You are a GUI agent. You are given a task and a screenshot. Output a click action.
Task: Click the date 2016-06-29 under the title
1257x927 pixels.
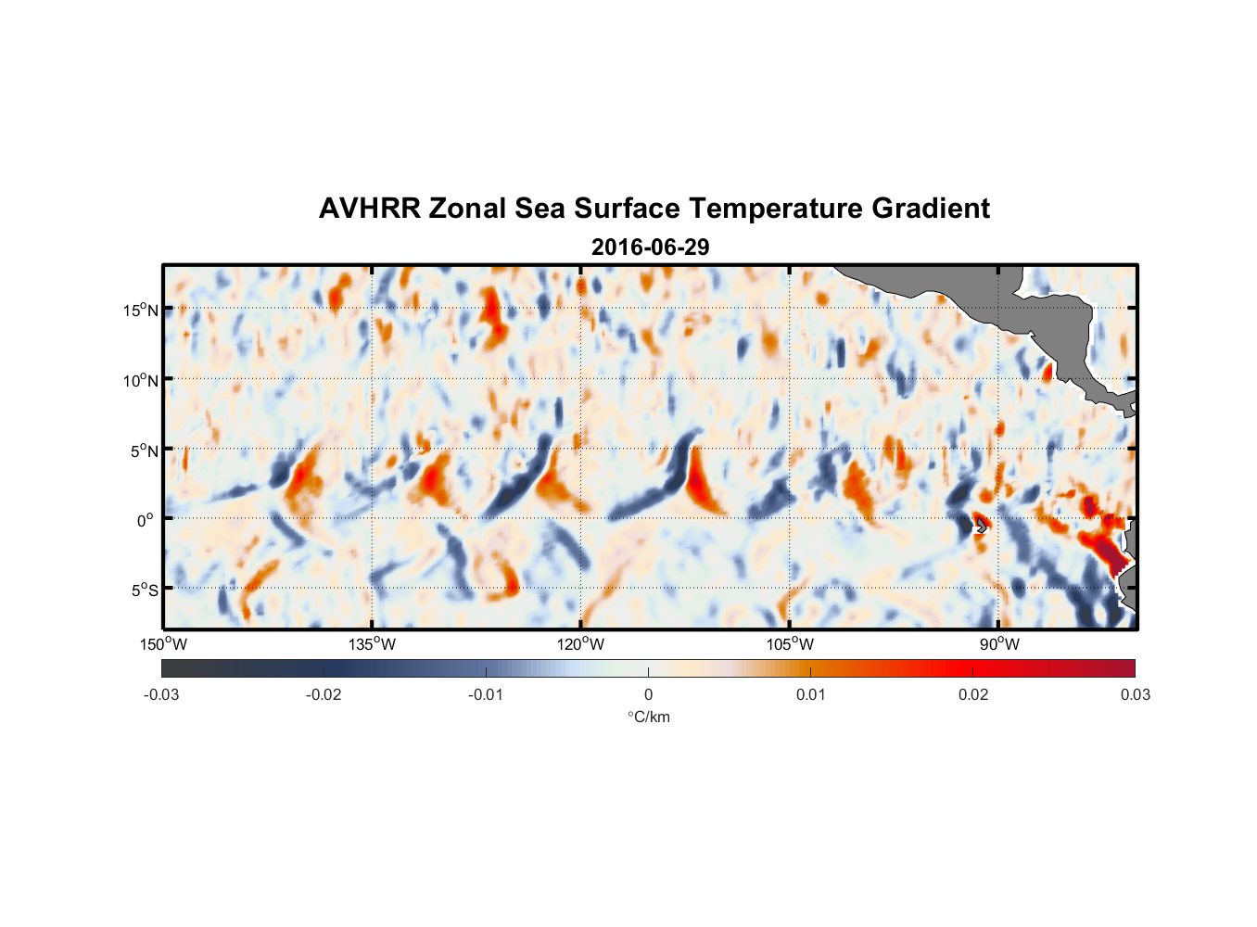(650, 248)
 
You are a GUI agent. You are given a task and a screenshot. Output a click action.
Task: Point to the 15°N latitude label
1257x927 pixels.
(141, 310)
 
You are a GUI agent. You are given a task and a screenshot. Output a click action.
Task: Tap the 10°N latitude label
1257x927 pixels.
(141, 380)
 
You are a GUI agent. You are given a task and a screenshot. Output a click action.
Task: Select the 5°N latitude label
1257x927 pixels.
(144, 451)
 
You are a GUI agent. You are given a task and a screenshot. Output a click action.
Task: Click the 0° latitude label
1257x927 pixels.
(145, 520)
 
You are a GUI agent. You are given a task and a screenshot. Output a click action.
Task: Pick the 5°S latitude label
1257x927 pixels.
(144, 590)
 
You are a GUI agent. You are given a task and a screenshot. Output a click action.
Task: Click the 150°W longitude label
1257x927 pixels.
(163, 644)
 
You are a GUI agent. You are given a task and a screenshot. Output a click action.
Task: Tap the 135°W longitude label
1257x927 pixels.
(372, 644)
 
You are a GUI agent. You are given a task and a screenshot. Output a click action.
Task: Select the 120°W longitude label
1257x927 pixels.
(580, 644)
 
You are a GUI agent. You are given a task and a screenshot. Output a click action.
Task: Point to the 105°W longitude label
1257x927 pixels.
(790, 644)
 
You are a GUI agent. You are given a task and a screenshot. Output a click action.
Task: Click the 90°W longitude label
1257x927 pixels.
(998, 644)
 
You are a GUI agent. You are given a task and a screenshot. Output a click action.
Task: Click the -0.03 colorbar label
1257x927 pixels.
(161, 694)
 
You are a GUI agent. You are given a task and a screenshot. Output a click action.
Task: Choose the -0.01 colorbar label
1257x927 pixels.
(486, 694)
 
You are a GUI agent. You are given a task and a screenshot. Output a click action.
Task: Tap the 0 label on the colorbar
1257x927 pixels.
(648, 694)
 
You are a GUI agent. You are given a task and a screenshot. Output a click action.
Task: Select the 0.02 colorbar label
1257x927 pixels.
(973, 694)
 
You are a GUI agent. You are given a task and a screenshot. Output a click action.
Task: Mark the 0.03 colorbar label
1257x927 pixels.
(1135, 694)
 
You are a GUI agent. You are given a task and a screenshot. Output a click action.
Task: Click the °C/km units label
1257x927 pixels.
(648, 717)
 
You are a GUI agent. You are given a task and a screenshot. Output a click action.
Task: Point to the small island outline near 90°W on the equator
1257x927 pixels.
(980, 525)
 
